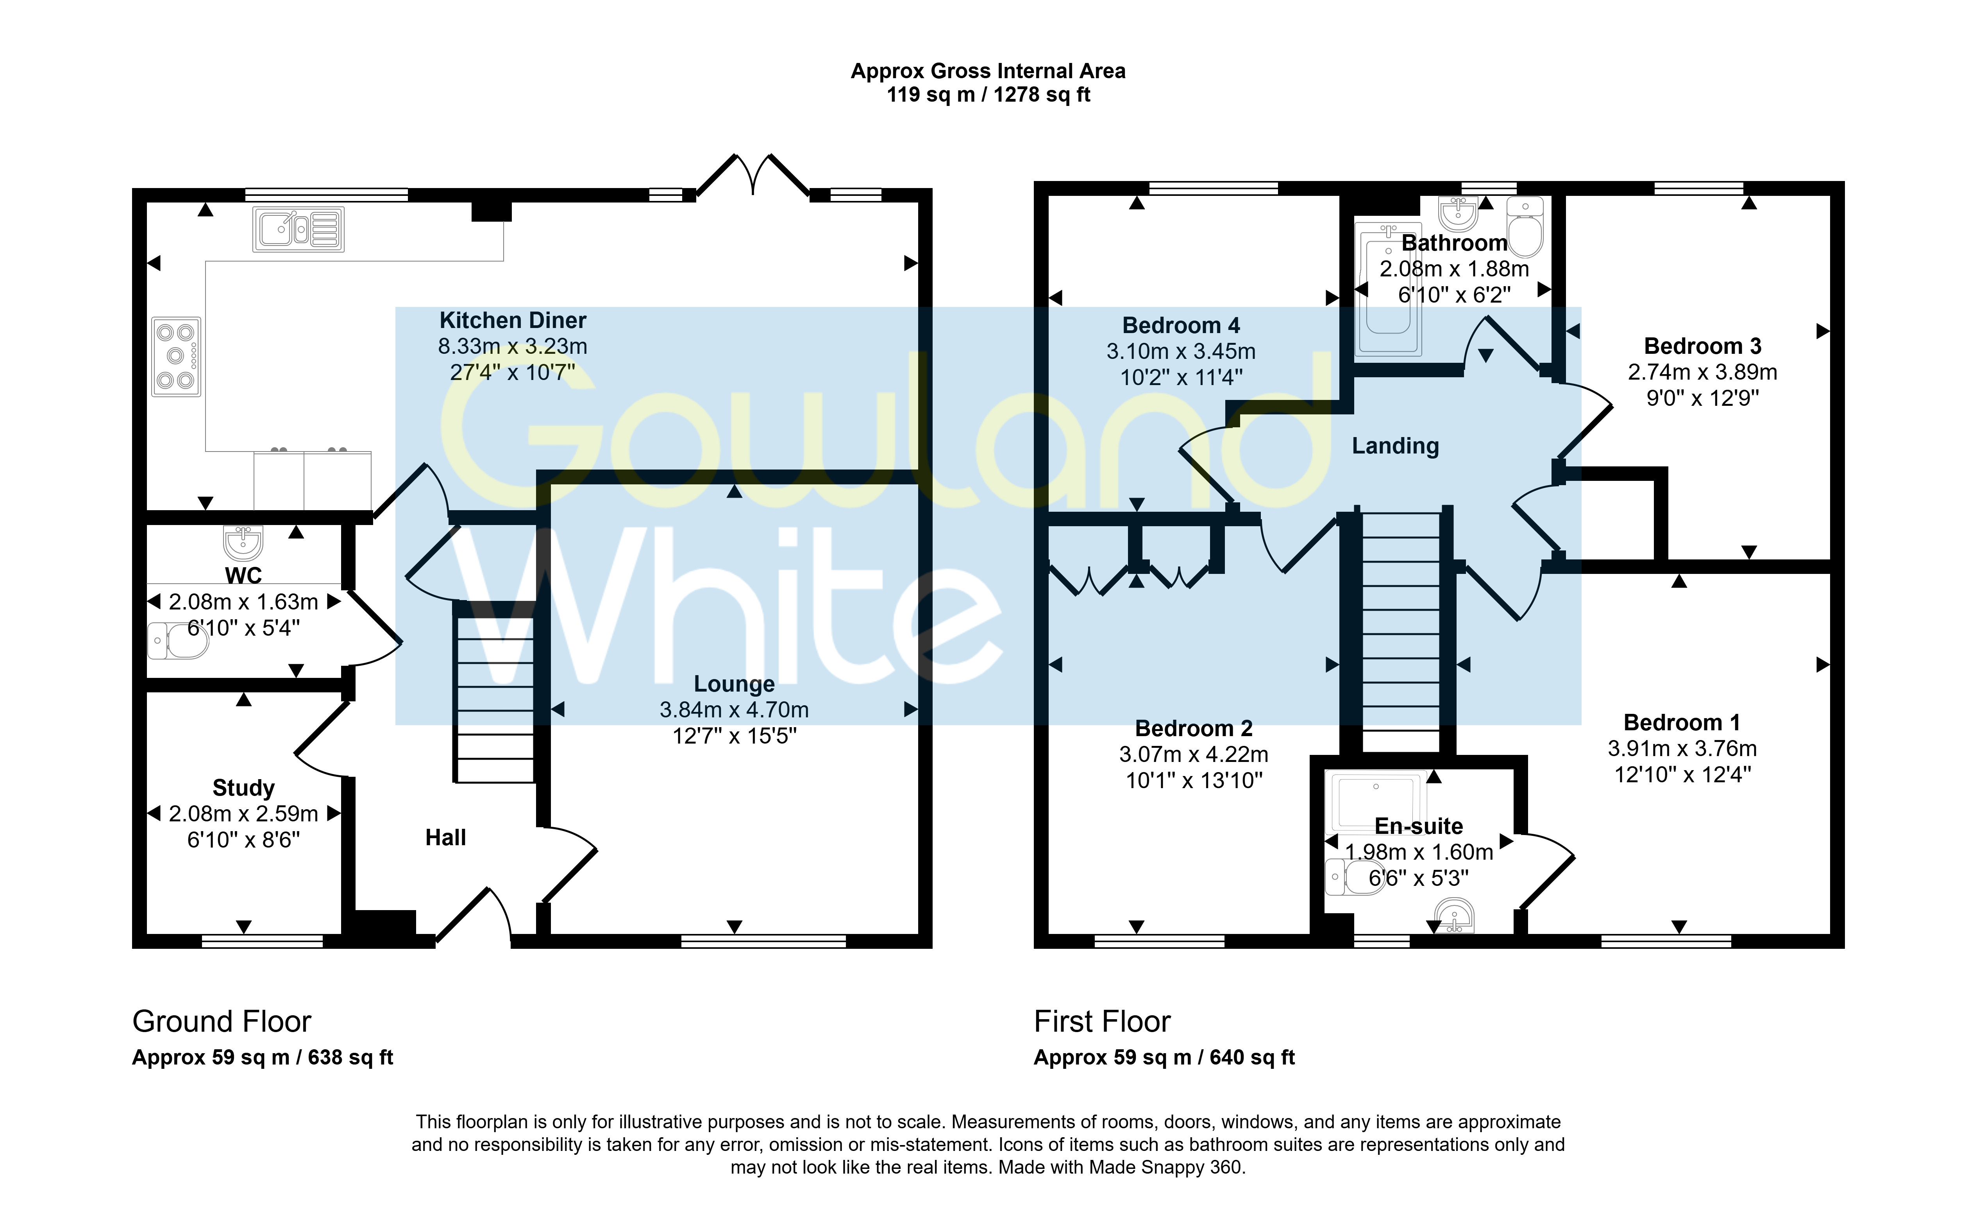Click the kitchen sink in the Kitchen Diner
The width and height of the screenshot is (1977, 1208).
[x=299, y=229]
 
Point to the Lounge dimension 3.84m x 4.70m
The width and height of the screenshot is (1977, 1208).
[x=734, y=710]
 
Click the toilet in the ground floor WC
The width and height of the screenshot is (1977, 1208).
[x=178, y=640]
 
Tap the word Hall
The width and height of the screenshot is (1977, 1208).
[x=445, y=838]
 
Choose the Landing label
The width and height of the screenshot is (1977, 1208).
[x=1395, y=446]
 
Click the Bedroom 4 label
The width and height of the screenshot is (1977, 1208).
[x=1181, y=326]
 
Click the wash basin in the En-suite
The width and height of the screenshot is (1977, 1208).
[x=1454, y=917]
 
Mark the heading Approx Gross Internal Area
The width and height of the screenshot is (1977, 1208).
[x=988, y=72]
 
